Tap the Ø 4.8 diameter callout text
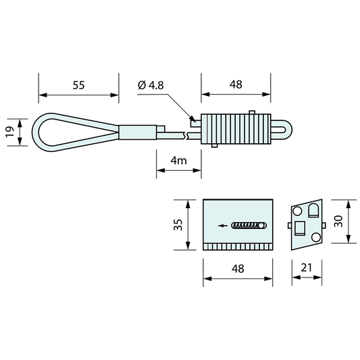tap(151, 86)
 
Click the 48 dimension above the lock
tap(236, 86)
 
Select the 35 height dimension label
tap(178, 224)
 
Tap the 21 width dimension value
tap(306, 269)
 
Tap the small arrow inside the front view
tap(223, 225)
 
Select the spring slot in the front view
tap(249, 225)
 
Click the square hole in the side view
tap(299, 226)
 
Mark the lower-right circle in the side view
tap(315, 237)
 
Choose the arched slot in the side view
tap(313, 212)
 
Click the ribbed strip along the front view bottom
tap(238, 246)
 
